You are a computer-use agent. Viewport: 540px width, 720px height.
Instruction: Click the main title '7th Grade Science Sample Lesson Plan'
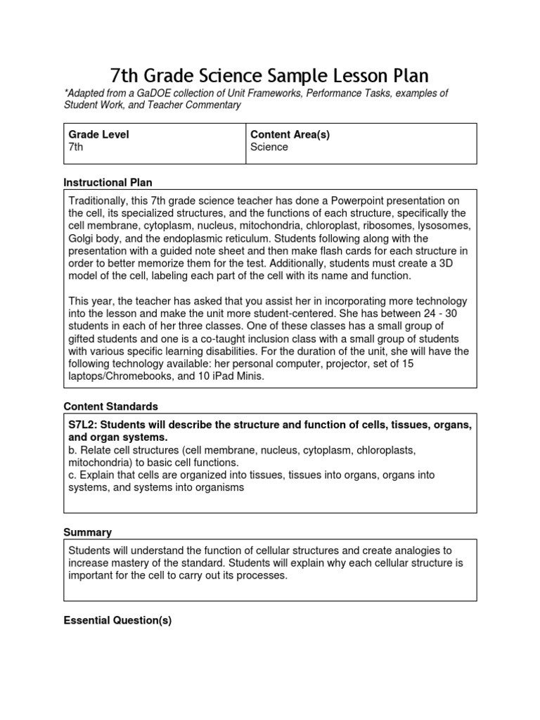269,75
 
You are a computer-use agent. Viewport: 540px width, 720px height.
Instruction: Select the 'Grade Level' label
98,134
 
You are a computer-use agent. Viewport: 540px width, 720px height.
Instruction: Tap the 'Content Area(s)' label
290,134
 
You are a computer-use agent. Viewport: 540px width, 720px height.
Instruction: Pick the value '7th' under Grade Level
75,147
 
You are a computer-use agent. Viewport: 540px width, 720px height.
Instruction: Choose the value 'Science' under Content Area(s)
269,147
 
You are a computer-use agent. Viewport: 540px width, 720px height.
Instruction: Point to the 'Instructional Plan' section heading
108,182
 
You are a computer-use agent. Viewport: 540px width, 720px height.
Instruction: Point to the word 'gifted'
83,339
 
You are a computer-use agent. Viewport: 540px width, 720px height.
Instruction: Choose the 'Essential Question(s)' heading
117,621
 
